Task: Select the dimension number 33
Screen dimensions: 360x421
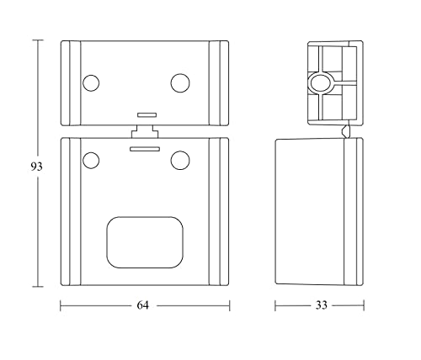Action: (x=320, y=305)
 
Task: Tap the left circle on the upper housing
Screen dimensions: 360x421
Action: (x=90, y=82)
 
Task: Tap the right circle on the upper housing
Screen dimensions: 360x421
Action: (x=179, y=82)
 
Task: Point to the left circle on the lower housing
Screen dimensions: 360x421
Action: (x=90, y=159)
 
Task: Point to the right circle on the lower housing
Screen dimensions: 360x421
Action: (x=179, y=159)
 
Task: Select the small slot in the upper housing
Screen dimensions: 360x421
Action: (x=145, y=113)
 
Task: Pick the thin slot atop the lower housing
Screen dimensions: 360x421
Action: (x=145, y=147)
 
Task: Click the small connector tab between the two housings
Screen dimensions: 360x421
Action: (x=145, y=131)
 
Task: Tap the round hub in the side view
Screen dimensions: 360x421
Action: (x=320, y=82)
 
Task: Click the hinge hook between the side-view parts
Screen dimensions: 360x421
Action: (x=346, y=130)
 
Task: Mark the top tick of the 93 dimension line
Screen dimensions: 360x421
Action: (x=37, y=40)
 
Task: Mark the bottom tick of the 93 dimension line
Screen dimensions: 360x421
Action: (x=37, y=287)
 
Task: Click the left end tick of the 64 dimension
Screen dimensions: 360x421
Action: (x=61, y=305)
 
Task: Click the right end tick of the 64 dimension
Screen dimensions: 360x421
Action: (x=229, y=305)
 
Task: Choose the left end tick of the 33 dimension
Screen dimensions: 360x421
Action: (x=276, y=305)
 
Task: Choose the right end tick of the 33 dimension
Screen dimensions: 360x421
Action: (x=364, y=305)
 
